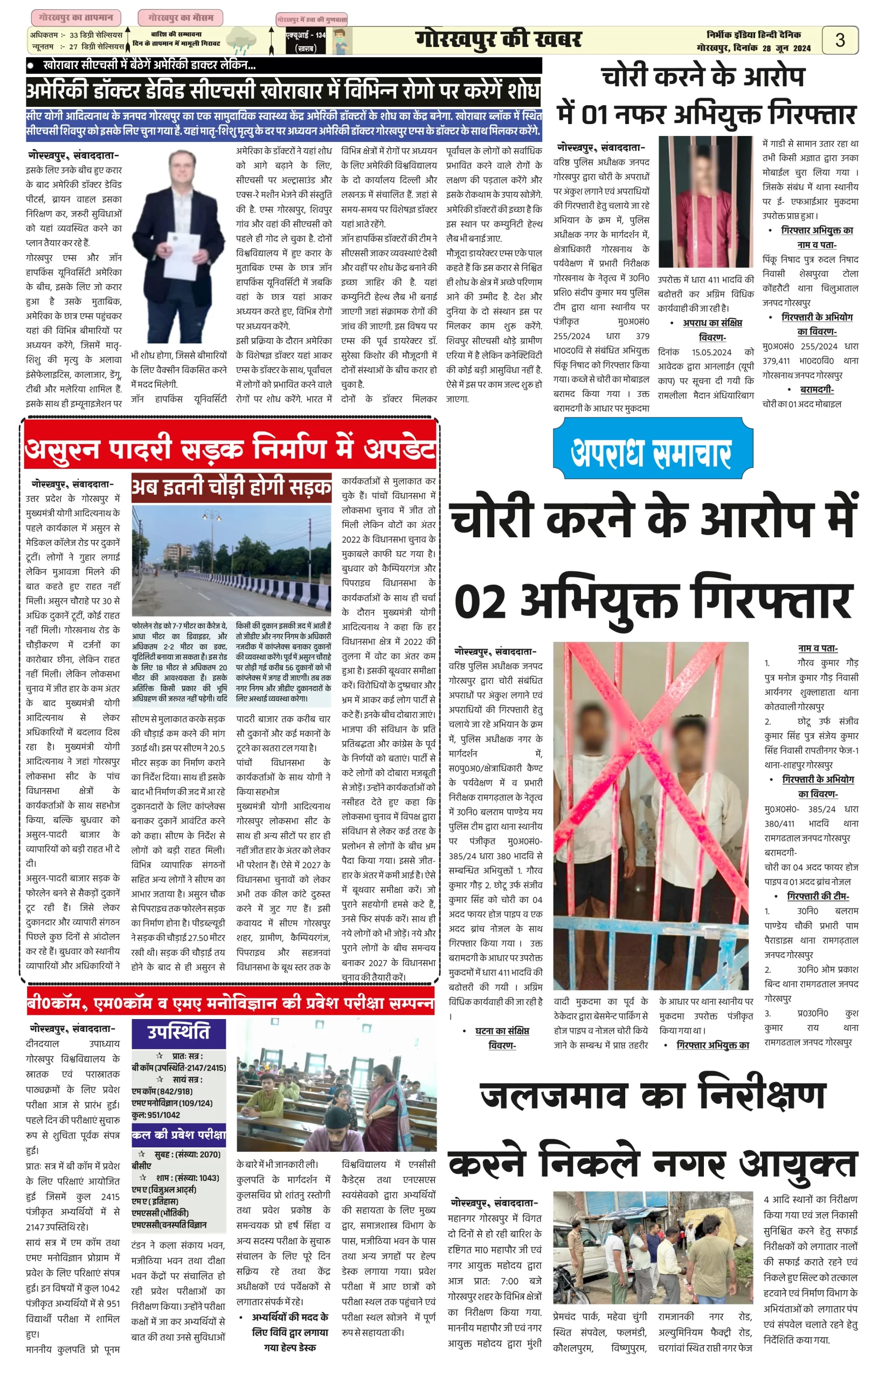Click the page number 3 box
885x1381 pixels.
840,40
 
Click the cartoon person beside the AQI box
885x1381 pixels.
339,42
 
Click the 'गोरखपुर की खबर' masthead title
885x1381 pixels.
498,39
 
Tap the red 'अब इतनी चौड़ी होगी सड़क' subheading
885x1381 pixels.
231,487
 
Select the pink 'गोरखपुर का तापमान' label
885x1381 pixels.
76,18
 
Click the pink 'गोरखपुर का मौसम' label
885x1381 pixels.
181,18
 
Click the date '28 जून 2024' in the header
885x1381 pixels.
786,49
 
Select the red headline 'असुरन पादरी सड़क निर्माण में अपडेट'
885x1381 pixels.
230,449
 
